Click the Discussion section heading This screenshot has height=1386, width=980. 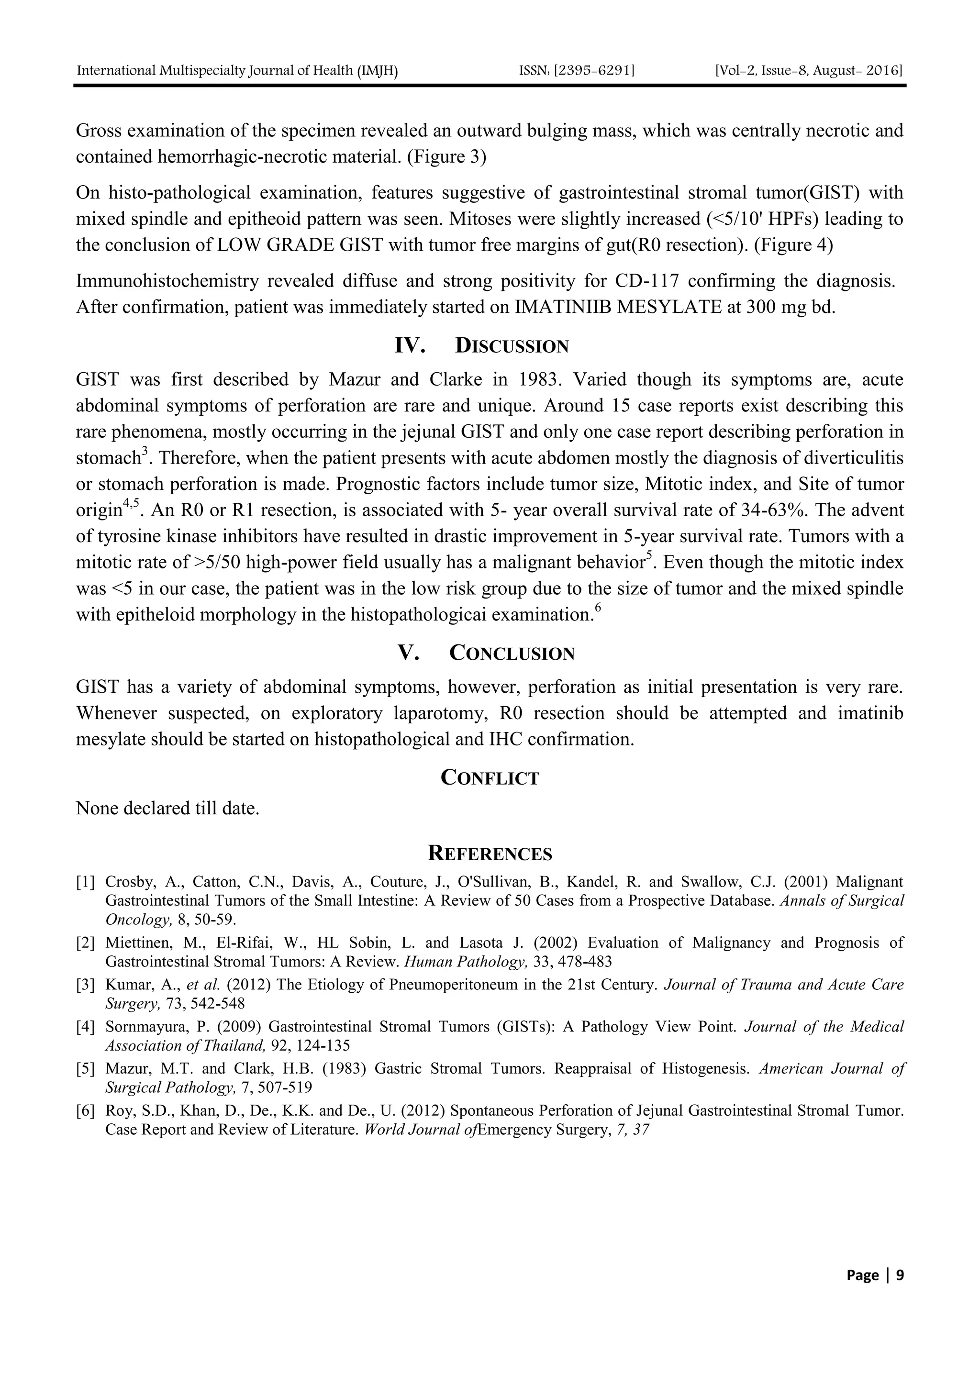(x=481, y=346)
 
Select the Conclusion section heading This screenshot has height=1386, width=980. (x=486, y=653)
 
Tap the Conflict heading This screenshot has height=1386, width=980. (x=490, y=777)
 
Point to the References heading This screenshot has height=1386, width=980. (x=490, y=854)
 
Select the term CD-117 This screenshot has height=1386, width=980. (x=648, y=281)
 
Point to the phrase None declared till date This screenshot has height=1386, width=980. (x=167, y=808)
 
